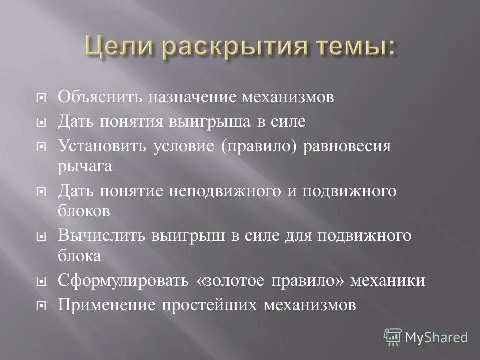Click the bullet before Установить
coord(42,147)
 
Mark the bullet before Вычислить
coord(42,236)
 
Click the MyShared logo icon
coord(393,337)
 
